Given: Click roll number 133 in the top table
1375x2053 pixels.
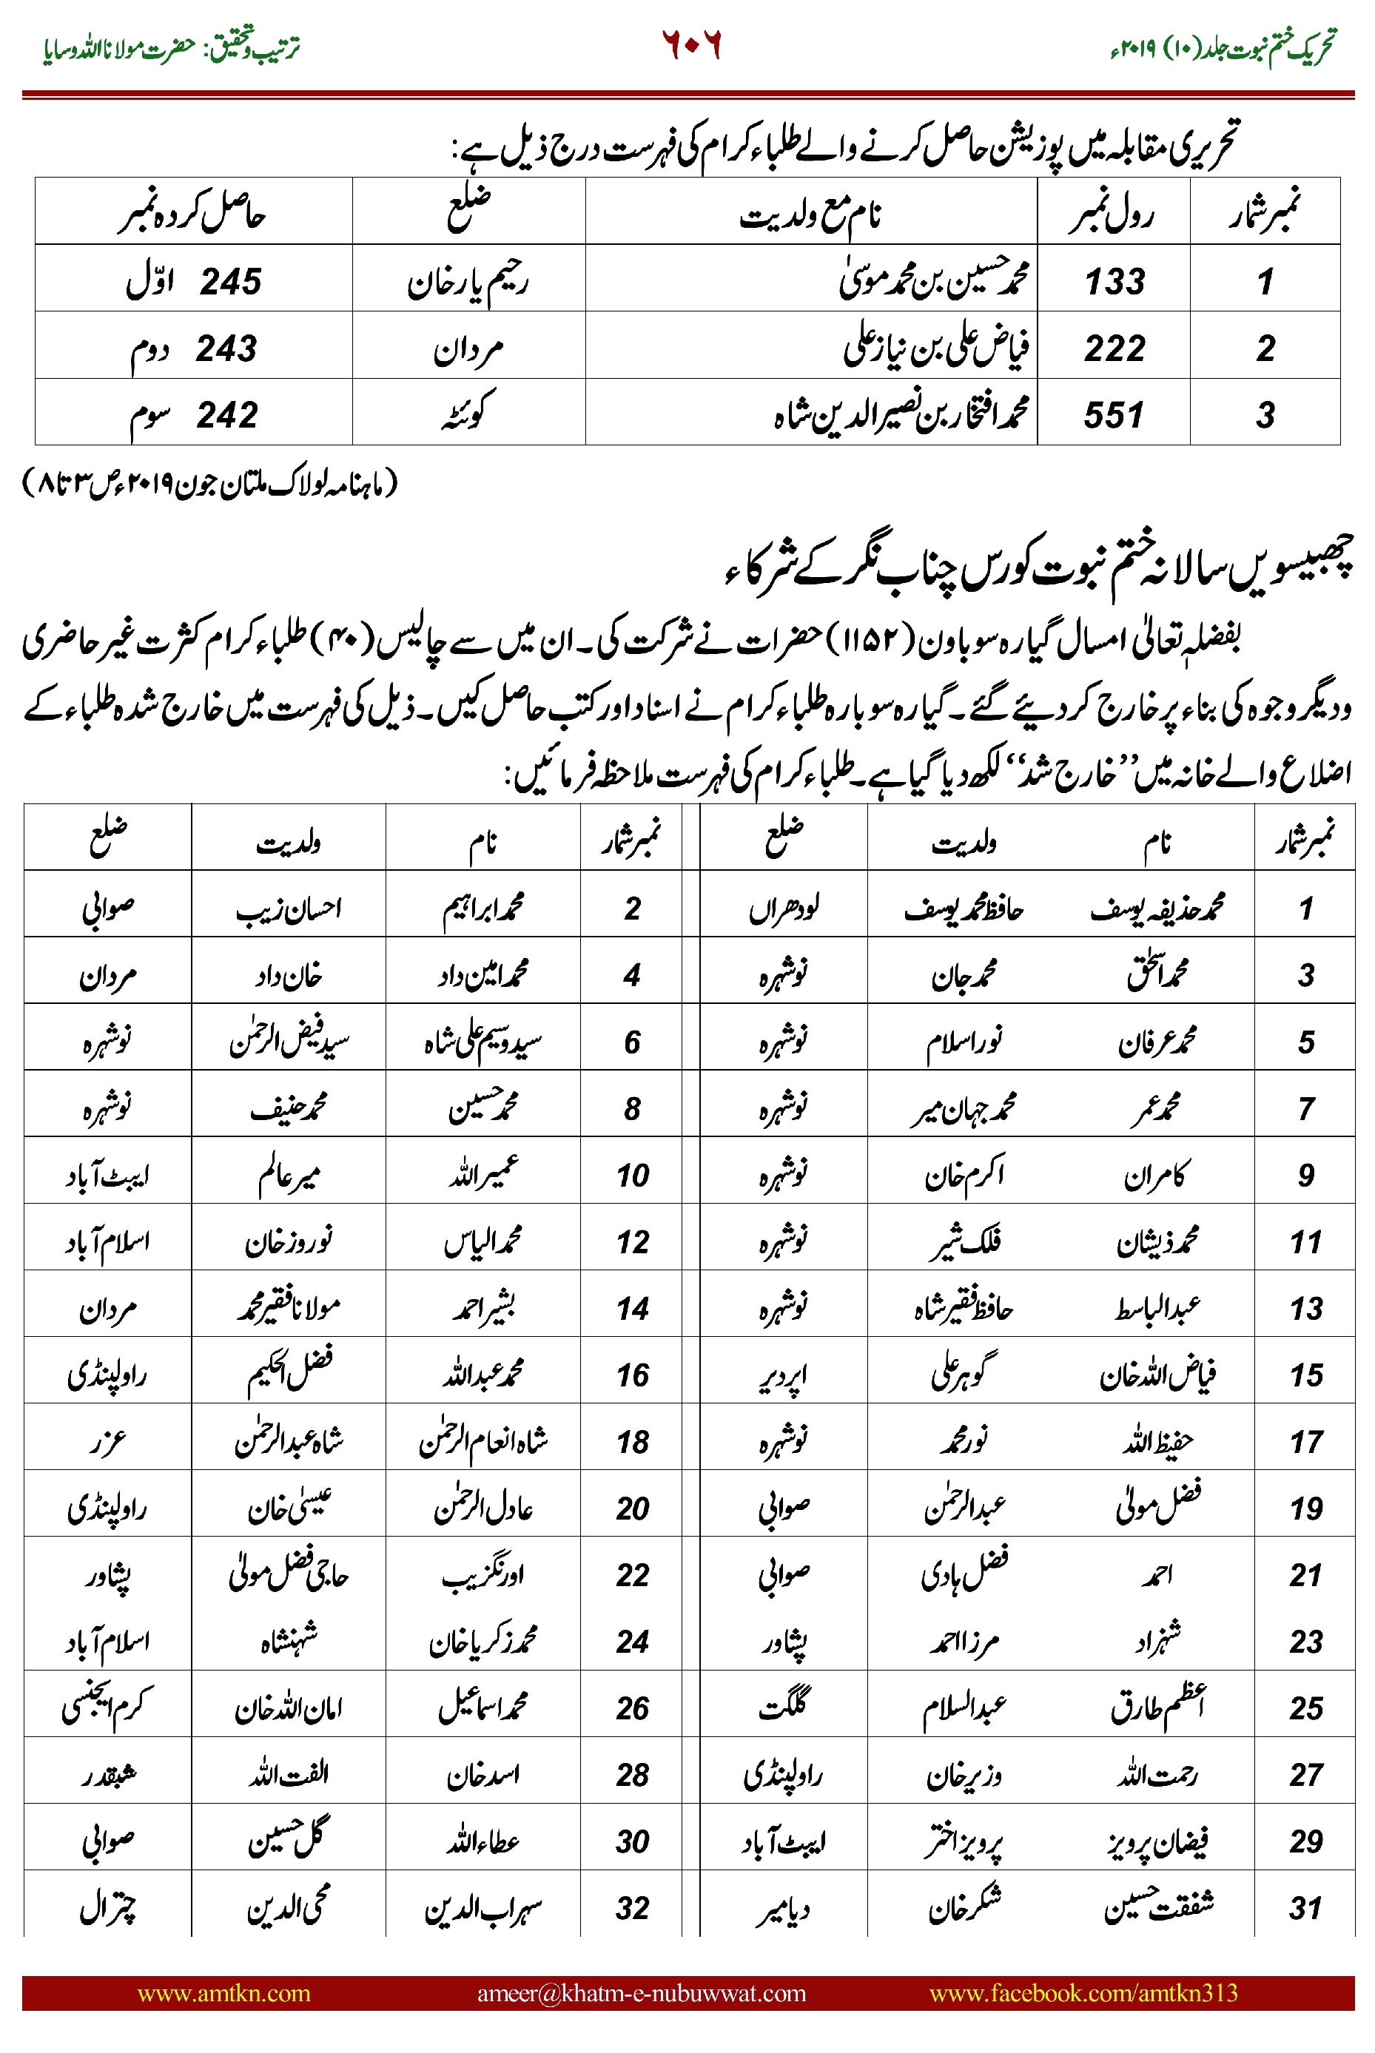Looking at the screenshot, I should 1115,281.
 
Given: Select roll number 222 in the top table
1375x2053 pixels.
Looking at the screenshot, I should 1115,348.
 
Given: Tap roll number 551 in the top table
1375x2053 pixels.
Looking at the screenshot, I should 1114,414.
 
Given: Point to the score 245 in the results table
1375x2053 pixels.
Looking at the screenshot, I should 231,281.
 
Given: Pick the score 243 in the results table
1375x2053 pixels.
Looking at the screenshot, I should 226,348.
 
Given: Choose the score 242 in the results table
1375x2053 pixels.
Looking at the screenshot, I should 227,414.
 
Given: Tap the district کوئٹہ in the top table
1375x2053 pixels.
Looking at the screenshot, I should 468,413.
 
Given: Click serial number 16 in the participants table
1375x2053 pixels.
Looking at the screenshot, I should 631,1375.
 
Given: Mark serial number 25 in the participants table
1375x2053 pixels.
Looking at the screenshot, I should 1305,1708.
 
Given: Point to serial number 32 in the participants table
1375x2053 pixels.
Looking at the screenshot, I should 631,1907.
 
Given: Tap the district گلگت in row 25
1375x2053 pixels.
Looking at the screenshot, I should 783,1706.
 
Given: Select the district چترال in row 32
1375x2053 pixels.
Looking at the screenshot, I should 108,1907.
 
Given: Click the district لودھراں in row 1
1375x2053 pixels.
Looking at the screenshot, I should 783,909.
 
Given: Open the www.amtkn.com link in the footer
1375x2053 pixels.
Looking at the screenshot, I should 223,1992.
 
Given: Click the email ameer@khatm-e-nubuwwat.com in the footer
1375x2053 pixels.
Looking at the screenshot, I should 641,1992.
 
